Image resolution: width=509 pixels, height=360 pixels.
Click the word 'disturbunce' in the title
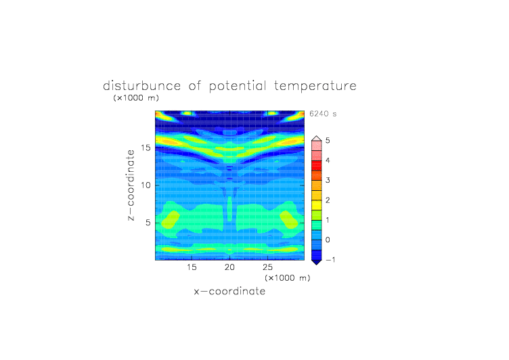[x=142, y=86]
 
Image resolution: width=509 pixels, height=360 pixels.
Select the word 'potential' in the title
[x=238, y=87]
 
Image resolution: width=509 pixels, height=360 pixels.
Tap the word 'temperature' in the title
[x=315, y=87]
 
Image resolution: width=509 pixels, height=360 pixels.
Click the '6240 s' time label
[x=323, y=114]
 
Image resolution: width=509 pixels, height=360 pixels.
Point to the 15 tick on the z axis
[x=146, y=148]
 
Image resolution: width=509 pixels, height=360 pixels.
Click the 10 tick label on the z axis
[x=146, y=185]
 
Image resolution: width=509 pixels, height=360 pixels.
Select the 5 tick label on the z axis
[x=148, y=223]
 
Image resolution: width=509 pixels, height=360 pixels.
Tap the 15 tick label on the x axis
[x=192, y=267]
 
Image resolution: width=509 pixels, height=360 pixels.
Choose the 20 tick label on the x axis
[x=229, y=267]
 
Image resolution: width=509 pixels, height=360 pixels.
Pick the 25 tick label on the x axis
[x=267, y=267]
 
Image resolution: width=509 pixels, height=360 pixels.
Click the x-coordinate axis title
[x=229, y=291]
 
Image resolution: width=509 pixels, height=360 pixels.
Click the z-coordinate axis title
[x=131, y=185]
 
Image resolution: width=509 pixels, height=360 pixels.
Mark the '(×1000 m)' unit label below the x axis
[x=288, y=278]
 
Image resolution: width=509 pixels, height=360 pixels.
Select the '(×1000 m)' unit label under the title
[x=136, y=97]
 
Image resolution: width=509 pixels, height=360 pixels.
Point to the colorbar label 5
[x=328, y=141]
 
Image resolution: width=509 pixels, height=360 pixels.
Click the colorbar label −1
[x=330, y=260]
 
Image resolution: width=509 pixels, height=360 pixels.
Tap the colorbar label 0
[x=328, y=240]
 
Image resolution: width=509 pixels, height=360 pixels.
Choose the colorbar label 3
[x=328, y=180]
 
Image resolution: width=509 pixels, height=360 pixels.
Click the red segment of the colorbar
[x=317, y=166]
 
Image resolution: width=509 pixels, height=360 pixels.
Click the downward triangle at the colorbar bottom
[x=317, y=262]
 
